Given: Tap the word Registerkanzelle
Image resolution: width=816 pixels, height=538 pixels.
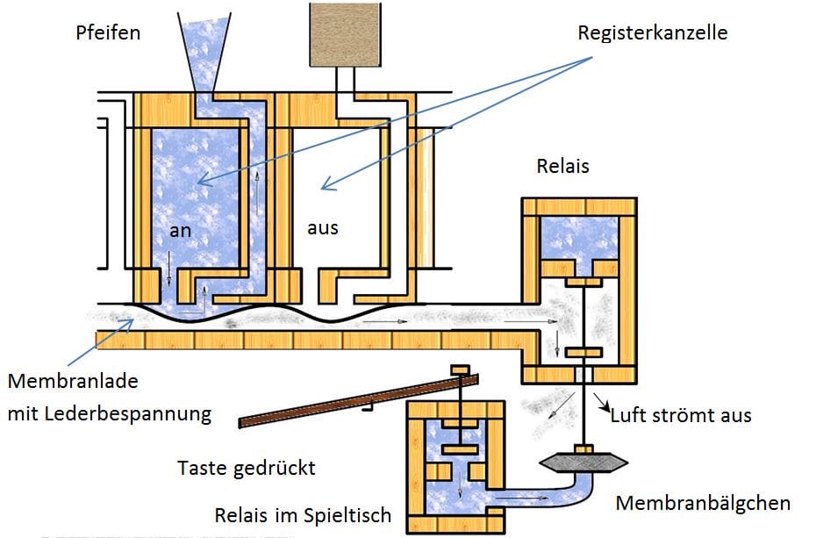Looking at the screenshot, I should click(652, 33).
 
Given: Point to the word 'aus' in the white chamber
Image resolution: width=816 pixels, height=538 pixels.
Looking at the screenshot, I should click(322, 227).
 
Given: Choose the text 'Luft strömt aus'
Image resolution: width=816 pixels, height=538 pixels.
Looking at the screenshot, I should click(681, 414).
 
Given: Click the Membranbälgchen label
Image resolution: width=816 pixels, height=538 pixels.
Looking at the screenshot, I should click(703, 503).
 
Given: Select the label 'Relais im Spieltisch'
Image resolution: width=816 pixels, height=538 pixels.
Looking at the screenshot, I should click(303, 514).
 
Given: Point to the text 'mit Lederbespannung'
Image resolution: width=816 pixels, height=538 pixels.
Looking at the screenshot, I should click(110, 413).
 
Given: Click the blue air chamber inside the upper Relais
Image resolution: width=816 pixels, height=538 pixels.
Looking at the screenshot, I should click(580, 237).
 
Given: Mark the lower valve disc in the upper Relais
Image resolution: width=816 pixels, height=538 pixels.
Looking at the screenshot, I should click(581, 353).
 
